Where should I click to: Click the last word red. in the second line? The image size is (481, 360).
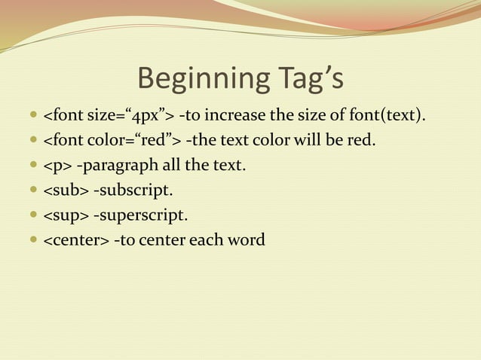pyautogui.click(x=360, y=140)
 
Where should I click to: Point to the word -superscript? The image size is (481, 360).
pyautogui.click(x=140, y=216)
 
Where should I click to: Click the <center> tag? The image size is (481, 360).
pyautogui.click(x=76, y=241)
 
